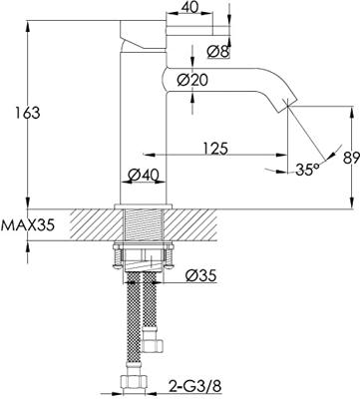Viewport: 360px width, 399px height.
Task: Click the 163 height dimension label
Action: click(x=28, y=113)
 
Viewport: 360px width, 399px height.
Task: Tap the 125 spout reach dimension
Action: click(x=215, y=149)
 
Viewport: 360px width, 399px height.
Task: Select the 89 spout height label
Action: click(x=352, y=157)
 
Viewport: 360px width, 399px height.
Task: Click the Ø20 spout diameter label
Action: click(x=192, y=80)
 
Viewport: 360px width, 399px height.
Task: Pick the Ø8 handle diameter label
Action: click(x=218, y=52)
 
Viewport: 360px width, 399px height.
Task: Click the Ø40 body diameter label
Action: click(x=143, y=174)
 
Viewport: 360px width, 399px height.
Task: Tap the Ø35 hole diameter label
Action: click(x=200, y=275)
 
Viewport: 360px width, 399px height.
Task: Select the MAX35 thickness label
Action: click(x=27, y=225)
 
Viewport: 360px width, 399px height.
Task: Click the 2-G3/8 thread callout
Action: click(x=195, y=386)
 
